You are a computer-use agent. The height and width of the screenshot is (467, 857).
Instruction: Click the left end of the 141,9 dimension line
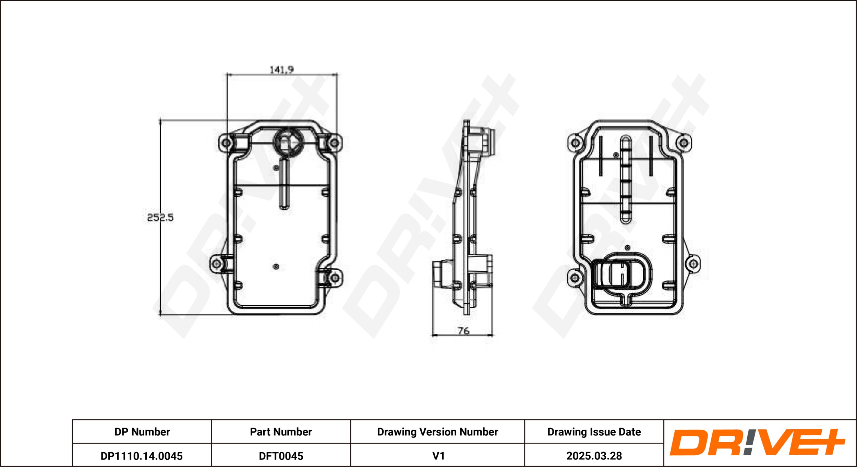pyautogui.click(x=227, y=74)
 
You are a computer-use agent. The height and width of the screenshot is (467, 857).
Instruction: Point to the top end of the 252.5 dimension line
pyautogui.click(x=160, y=120)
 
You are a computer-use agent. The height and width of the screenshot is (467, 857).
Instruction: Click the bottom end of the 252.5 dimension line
pyautogui.click(x=160, y=315)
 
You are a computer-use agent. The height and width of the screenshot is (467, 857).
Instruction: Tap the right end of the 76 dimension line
pyautogui.click(x=493, y=335)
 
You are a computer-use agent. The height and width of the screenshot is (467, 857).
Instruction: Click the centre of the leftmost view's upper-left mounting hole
pyautogui.click(x=226, y=143)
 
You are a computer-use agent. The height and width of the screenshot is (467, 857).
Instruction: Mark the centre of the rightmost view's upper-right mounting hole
pyautogui.click(x=684, y=143)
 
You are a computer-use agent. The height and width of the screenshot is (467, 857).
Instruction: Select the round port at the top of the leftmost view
pyautogui.click(x=288, y=142)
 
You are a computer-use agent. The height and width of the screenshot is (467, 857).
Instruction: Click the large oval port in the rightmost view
pyautogui.click(x=622, y=274)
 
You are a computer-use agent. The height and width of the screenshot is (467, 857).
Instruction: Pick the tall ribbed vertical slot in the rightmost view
pyautogui.click(x=626, y=180)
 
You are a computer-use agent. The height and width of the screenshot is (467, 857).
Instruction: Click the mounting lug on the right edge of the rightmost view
pyautogui.click(x=692, y=264)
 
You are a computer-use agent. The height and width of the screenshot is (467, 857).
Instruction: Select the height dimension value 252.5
pyautogui.click(x=160, y=218)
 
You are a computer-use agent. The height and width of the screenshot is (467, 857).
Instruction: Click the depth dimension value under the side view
pyautogui.click(x=463, y=331)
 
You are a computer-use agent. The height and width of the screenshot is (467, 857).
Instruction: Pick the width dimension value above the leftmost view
pyautogui.click(x=281, y=70)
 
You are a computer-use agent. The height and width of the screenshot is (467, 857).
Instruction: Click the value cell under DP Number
pyautogui.click(x=142, y=456)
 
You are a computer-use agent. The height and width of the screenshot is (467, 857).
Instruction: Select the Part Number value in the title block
pyautogui.click(x=281, y=456)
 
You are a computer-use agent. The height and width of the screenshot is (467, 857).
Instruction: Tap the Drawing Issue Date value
pyautogui.click(x=594, y=456)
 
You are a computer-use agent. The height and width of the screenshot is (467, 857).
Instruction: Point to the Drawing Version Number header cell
pyautogui.click(x=437, y=432)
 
